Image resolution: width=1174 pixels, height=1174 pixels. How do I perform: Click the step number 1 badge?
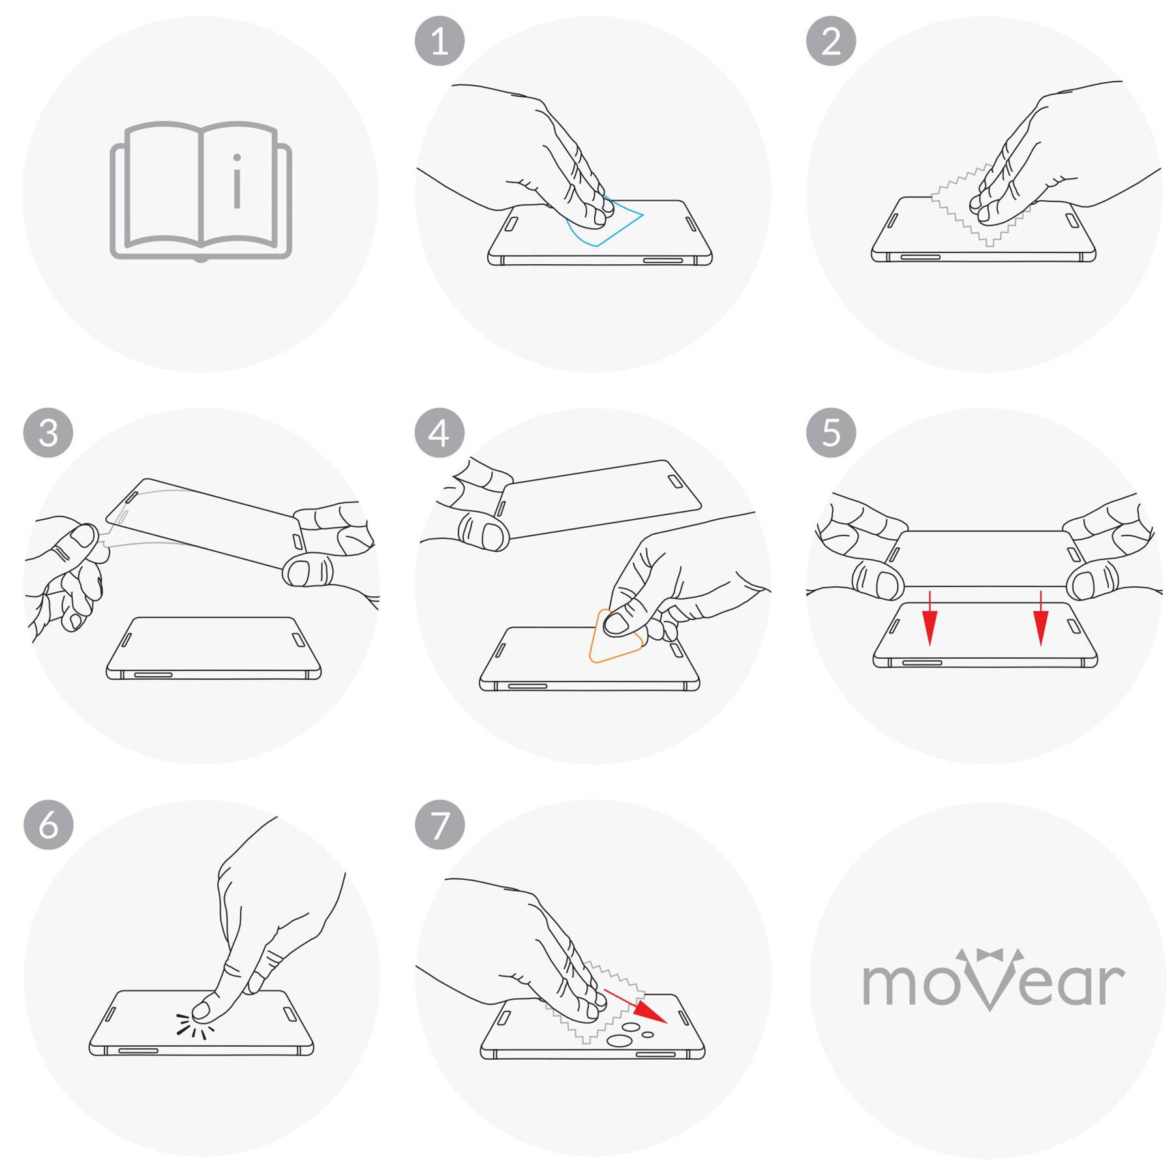(440, 41)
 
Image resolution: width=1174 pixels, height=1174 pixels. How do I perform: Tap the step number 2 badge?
(831, 41)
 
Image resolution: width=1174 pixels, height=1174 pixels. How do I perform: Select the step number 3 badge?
(48, 432)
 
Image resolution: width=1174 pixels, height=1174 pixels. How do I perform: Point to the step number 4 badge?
(440, 432)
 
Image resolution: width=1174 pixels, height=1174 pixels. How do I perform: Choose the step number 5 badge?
(831, 432)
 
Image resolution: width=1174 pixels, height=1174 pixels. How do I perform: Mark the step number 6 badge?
(48, 824)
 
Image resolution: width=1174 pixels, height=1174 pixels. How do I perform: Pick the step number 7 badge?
(440, 824)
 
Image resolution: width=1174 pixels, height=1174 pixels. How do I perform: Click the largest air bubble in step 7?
(618, 1040)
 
